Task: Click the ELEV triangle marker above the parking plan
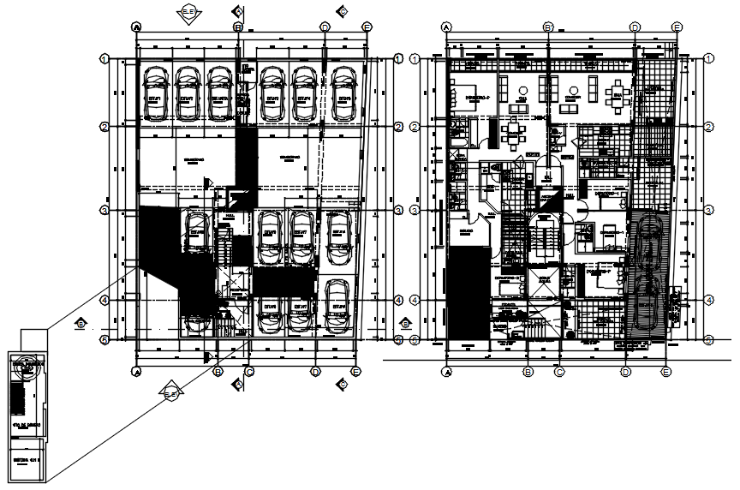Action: point(187,13)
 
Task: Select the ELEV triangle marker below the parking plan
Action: point(171,393)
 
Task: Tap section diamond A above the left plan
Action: point(238,10)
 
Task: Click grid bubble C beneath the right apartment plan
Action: point(558,372)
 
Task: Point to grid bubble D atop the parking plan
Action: point(325,27)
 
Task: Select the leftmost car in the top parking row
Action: point(155,92)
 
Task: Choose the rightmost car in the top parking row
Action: point(343,92)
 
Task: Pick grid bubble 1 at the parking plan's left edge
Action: point(103,59)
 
